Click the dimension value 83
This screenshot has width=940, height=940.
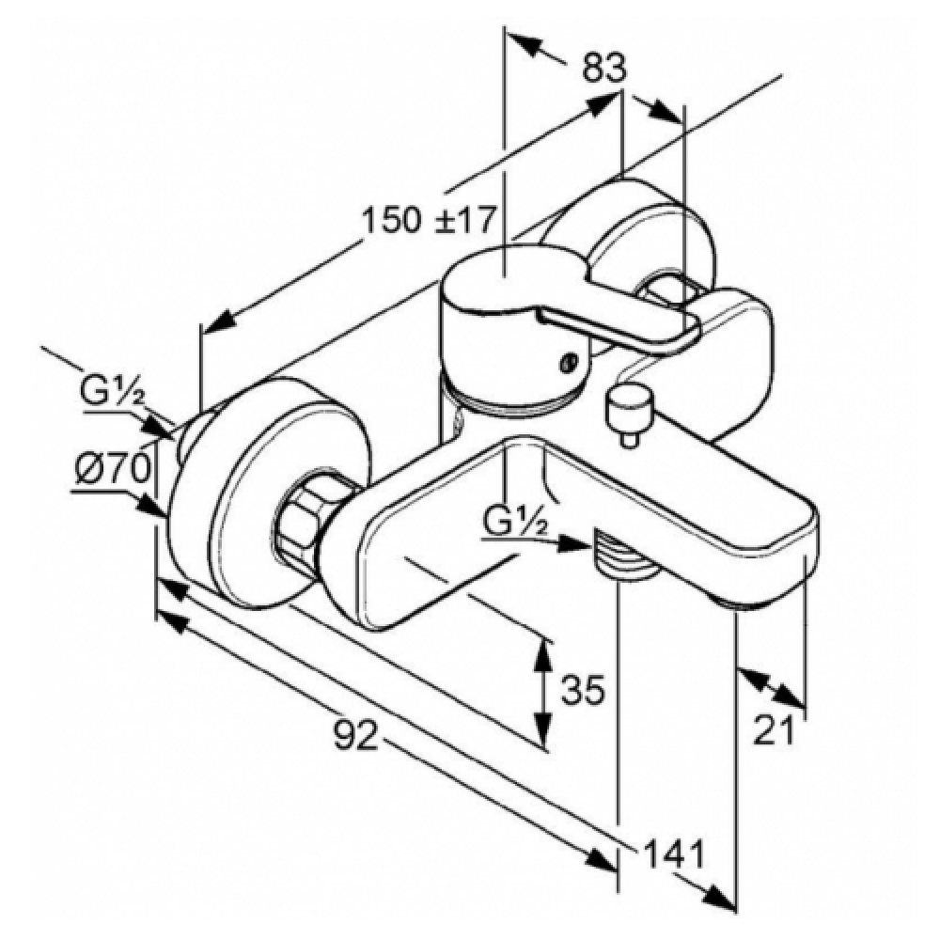604,68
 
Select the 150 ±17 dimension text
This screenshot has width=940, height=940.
430,219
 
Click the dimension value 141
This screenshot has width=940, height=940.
673,854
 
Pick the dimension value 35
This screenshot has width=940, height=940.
583,689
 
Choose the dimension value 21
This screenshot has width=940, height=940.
774,730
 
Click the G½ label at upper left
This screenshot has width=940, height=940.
112,390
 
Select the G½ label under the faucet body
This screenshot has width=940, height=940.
515,525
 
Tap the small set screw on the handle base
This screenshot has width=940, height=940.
568,362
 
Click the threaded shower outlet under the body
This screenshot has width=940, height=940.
623,556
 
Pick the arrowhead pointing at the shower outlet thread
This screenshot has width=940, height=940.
574,543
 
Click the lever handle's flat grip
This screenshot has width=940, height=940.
620,328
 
